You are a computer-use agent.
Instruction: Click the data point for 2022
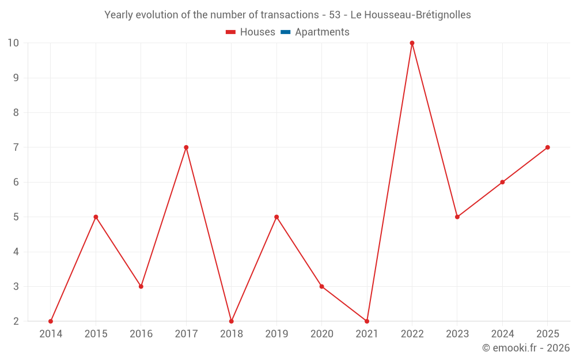click(x=412, y=43)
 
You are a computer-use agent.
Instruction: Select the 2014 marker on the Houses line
click(x=51, y=321)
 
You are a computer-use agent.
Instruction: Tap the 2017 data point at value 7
click(x=186, y=147)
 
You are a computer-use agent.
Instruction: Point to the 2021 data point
click(x=366, y=321)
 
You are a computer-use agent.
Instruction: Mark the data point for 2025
click(x=547, y=147)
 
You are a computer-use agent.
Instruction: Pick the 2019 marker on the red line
click(x=276, y=217)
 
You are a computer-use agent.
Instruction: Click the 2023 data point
click(x=457, y=217)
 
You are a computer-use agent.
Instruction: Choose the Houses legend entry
click(x=250, y=32)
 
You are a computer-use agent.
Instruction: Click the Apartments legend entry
click(x=315, y=32)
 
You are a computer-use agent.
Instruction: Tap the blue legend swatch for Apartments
click(x=286, y=32)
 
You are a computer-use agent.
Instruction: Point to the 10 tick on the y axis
click(x=13, y=43)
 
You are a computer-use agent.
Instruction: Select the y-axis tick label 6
click(x=16, y=182)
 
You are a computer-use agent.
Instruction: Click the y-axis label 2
click(x=16, y=321)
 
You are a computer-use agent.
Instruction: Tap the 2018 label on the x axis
click(x=232, y=334)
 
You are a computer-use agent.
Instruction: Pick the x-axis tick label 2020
click(x=322, y=334)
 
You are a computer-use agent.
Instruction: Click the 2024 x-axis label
click(x=502, y=334)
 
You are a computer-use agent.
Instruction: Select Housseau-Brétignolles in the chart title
click(x=418, y=15)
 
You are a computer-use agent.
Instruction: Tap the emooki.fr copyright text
click(x=526, y=347)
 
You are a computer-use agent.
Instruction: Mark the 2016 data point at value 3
click(x=141, y=286)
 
